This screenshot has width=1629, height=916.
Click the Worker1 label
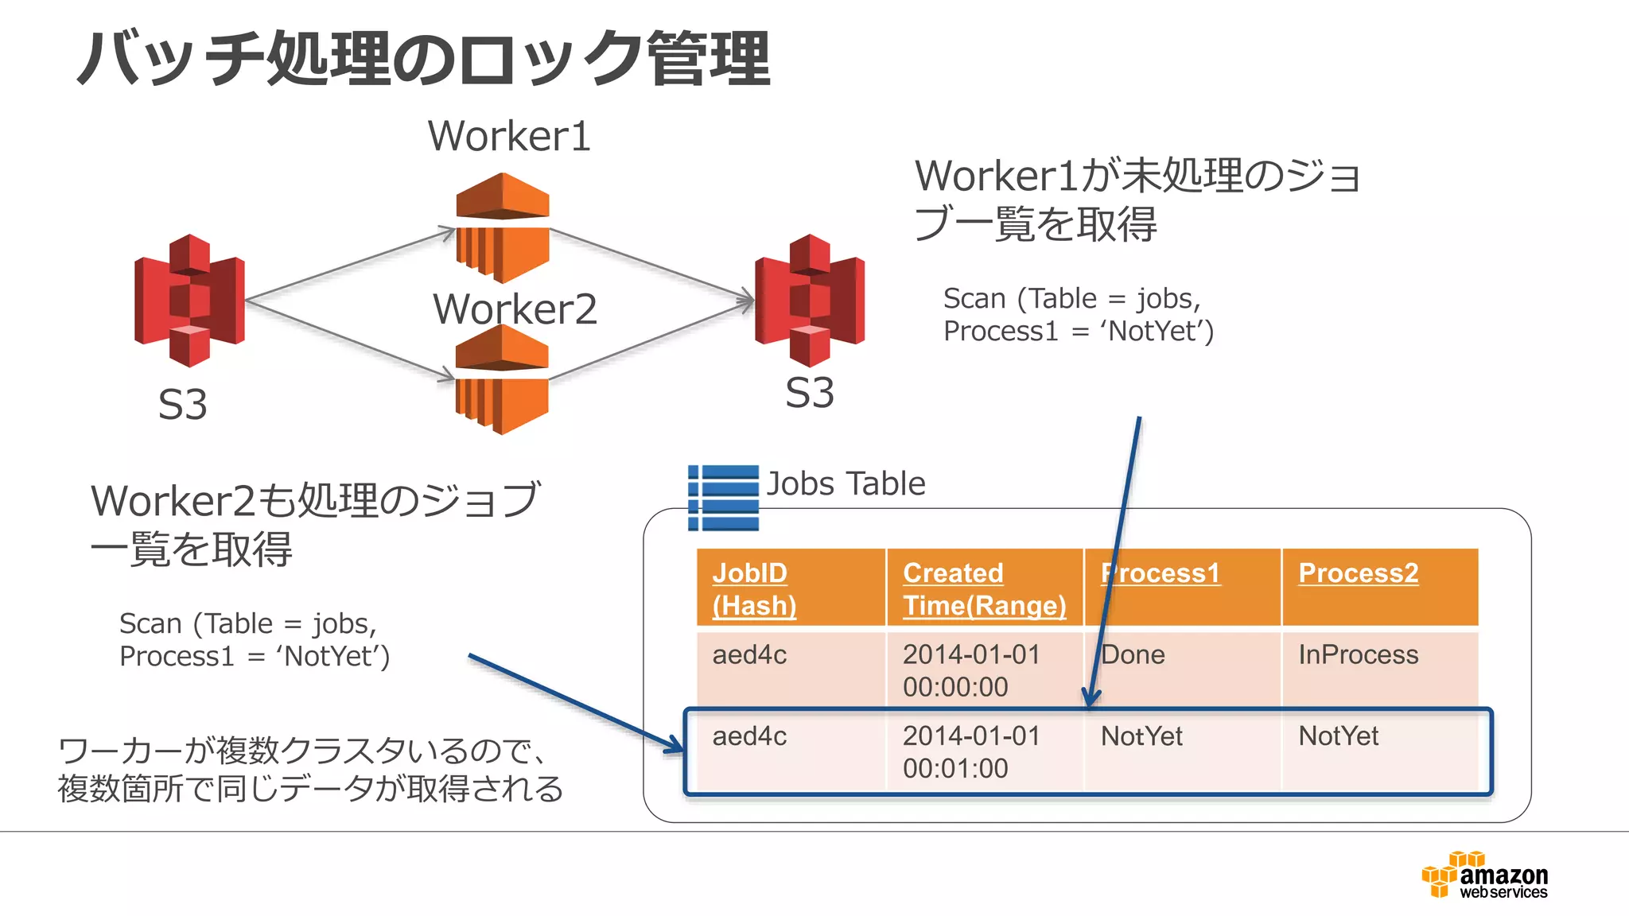pyautogui.click(x=509, y=136)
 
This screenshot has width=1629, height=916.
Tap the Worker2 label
pyautogui.click(x=515, y=309)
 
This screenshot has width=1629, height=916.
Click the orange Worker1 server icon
pyautogui.click(x=503, y=228)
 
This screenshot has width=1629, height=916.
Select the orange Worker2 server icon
pyautogui.click(x=502, y=380)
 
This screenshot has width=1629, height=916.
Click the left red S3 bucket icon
pyautogui.click(x=189, y=301)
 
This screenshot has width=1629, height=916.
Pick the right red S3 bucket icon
pyautogui.click(x=810, y=301)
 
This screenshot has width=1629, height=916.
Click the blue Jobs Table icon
pyautogui.click(x=723, y=498)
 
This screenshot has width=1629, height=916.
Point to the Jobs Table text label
pyautogui.click(x=846, y=483)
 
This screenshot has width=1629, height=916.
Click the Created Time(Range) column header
pyautogui.click(x=984, y=588)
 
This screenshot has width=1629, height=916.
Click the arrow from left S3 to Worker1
pyautogui.click(x=350, y=266)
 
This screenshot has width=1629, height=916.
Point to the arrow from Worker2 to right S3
pyautogui.click(x=652, y=338)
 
